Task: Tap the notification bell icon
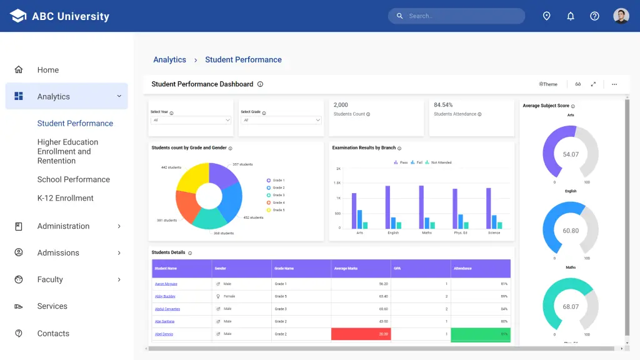[571, 16]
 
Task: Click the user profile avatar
[621, 16]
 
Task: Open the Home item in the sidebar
[47, 70]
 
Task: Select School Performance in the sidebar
[73, 179]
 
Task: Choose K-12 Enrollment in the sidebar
[65, 198]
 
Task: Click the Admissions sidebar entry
[58, 252]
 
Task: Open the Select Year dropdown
[191, 120]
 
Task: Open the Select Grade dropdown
[281, 120]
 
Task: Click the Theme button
[548, 84]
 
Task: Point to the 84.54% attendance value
[443, 105]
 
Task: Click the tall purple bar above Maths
[421, 207]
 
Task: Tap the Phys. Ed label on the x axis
[461, 232]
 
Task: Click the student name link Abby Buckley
[165, 296]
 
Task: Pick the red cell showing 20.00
[361, 334]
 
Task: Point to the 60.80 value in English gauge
[571, 231]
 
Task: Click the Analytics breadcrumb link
[169, 60]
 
